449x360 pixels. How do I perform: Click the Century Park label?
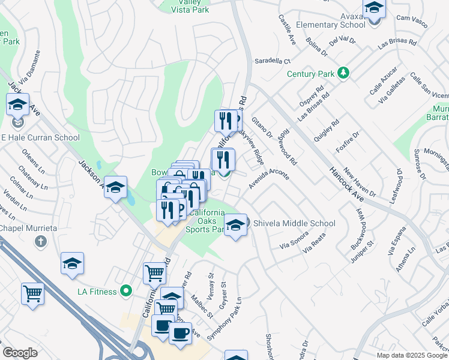click(x=310, y=74)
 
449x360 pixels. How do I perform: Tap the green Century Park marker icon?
click(x=343, y=73)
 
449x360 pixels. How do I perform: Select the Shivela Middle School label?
click(x=294, y=224)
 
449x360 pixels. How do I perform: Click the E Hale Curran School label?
click(x=40, y=137)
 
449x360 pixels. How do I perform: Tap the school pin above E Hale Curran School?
click(x=18, y=106)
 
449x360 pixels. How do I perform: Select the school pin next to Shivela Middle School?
click(x=236, y=226)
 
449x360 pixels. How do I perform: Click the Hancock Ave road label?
click(x=351, y=180)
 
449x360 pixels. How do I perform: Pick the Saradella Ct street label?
click(x=273, y=61)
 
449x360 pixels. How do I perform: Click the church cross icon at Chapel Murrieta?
click(x=41, y=242)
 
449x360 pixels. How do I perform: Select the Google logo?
click(x=20, y=353)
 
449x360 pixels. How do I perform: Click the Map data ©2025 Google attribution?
click(x=411, y=355)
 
